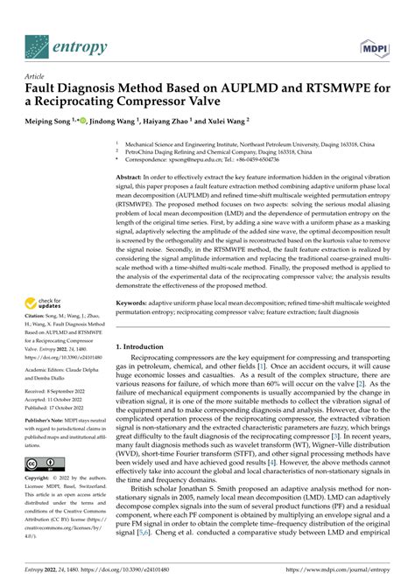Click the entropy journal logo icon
36,43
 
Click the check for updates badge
46,303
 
